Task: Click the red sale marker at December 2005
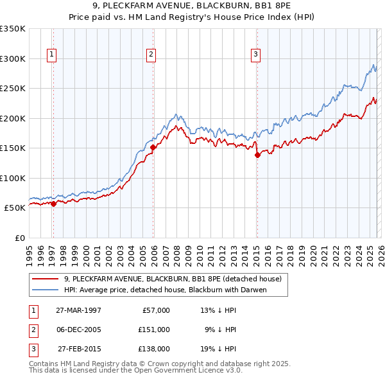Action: click(x=153, y=148)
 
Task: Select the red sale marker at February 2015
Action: click(x=257, y=155)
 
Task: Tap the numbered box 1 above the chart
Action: click(x=51, y=55)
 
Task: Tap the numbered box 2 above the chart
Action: click(x=151, y=55)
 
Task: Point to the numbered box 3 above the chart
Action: click(x=255, y=55)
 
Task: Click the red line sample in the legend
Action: click(x=44, y=279)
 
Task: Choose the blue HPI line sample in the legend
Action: click(x=44, y=290)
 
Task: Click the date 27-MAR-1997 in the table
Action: click(x=78, y=310)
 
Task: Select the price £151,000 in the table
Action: click(x=154, y=330)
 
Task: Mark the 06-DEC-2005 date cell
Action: click(x=78, y=330)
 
